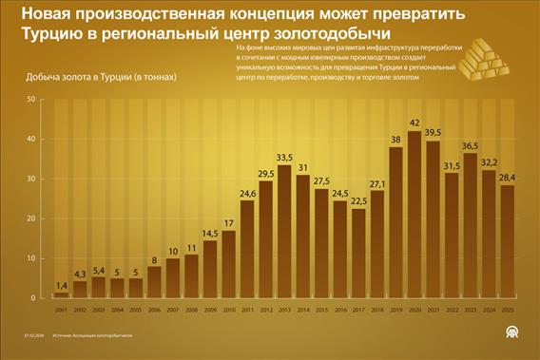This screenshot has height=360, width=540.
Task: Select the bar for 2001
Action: [x=62, y=295]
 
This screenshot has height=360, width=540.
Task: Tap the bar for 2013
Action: [x=282, y=233]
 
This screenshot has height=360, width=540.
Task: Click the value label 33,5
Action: [x=282, y=158]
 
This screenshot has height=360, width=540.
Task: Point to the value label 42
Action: [x=414, y=123]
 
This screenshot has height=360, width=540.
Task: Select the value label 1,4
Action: [x=62, y=285]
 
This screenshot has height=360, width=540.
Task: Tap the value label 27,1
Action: [x=376, y=183]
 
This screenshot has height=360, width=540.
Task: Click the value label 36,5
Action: [x=469, y=145]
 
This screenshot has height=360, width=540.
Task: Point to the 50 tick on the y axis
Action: [x=31, y=99]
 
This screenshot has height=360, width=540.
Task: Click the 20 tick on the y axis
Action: [x=31, y=218]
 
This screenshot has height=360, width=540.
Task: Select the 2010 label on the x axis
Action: [x=228, y=310]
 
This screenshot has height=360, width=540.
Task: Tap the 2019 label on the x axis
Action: [x=395, y=310]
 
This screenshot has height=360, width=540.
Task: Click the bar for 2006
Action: [x=154, y=282]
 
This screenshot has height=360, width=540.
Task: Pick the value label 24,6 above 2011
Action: [x=247, y=193]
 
